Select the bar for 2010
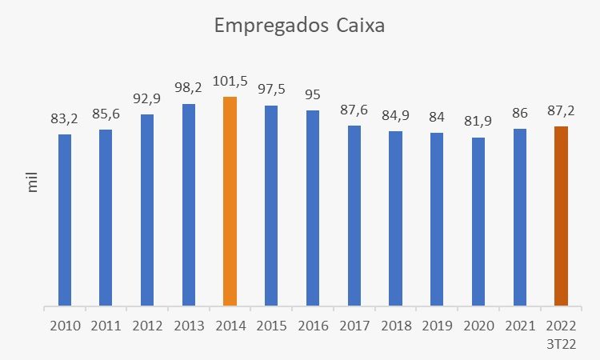[65, 219]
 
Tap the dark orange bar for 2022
[561, 215]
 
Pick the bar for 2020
[478, 221]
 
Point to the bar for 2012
[147, 209]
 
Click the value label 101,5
[230, 82]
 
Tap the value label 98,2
[189, 90]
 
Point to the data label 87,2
[561, 111]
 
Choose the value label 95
[313, 95]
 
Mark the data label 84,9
[396, 117]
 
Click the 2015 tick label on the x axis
[271, 326]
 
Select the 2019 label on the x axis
[437, 326]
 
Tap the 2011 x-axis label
[106, 326]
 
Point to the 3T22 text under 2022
[561, 344]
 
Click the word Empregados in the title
[266, 26]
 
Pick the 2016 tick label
[313, 326]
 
